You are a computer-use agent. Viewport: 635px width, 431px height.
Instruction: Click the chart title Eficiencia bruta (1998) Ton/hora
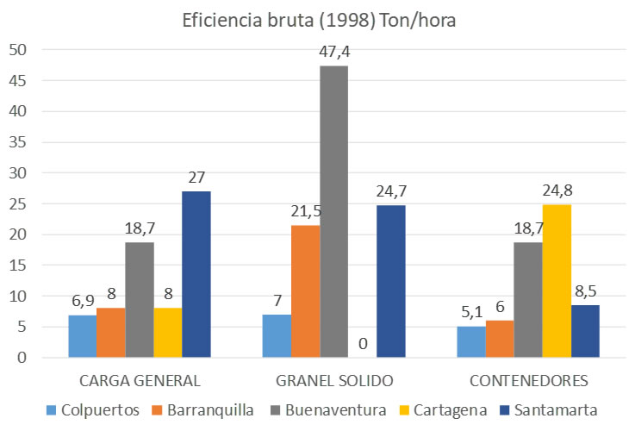click(318, 21)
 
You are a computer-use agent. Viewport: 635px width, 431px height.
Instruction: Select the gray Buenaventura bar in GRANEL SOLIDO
click(333, 211)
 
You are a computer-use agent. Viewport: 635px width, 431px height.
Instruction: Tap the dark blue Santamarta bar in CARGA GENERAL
click(196, 274)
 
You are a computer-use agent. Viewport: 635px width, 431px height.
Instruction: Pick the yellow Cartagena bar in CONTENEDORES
click(557, 280)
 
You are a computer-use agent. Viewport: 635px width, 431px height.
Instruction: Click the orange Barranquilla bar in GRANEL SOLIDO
click(305, 290)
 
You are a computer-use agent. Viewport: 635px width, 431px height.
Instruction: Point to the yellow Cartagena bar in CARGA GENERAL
click(167, 332)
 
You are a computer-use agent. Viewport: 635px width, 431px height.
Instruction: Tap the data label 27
click(196, 178)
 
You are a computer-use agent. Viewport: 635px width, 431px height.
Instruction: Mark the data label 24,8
click(557, 191)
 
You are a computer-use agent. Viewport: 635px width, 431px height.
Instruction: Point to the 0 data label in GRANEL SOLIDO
click(363, 343)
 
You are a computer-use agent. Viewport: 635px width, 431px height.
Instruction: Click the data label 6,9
click(83, 301)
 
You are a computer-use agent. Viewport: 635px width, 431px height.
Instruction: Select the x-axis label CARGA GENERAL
click(139, 380)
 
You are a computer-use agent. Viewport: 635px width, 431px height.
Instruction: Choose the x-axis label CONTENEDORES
click(528, 380)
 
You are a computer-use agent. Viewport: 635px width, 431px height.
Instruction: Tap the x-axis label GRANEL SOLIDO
click(333, 380)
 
